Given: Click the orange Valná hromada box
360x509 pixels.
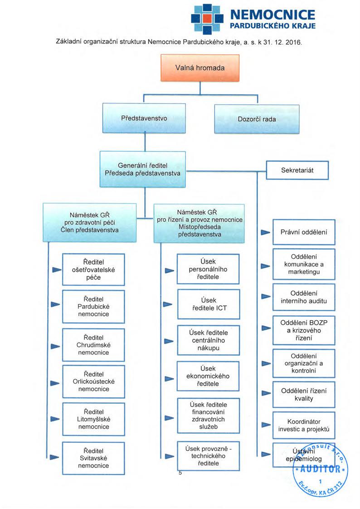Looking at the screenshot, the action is point(200,68).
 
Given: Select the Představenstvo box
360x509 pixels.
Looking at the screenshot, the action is point(144,118).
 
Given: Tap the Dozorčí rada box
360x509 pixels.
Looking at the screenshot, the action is point(257,119).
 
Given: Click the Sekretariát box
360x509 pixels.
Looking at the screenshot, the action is point(297,170).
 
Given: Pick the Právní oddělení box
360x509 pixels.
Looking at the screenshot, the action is point(304,232).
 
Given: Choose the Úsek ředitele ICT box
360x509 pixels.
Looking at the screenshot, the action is point(209,304).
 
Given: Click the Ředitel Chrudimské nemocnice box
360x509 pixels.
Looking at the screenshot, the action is point(93,345).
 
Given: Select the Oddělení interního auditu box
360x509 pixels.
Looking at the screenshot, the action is point(304,297).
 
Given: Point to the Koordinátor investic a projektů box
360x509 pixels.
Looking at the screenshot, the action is point(304,425).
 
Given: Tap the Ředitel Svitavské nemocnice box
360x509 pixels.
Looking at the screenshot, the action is point(93,458).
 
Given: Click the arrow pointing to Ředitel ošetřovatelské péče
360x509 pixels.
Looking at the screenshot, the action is point(57,270).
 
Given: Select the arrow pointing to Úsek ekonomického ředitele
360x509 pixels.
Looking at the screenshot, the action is point(169,379).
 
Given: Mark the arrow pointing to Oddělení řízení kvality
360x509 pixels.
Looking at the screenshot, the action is point(266,393).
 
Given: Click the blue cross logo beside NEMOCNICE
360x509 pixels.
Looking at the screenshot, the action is point(207,19).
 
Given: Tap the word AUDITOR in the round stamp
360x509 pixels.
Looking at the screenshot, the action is point(321,469).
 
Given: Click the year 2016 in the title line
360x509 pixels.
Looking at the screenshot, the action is point(293,42).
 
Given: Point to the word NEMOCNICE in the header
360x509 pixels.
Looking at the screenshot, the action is point(272,15).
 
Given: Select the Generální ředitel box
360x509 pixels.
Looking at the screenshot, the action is point(142,169).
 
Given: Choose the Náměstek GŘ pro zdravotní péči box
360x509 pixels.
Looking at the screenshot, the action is point(89,222).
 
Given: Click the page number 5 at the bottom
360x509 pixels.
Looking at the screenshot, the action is point(180,473).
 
